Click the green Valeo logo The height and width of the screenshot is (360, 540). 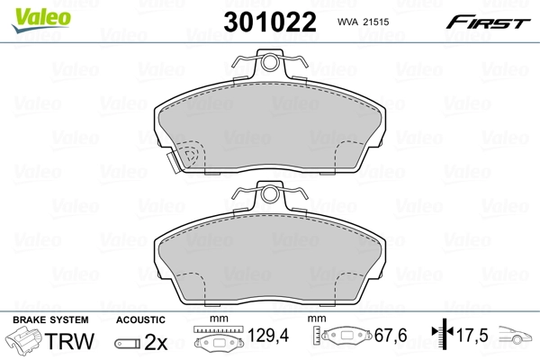pyautogui.click(x=41, y=20)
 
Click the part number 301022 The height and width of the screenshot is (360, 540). pyautogui.click(x=270, y=22)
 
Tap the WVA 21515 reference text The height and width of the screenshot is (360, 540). pyautogui.click(x=363, y=22)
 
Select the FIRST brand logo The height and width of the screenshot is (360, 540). pyautogui.click(x=488, y=22)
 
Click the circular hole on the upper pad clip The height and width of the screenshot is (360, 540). pyautogui.click(x=270, y=62)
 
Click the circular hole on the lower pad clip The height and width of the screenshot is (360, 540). pyautogui.click(x=270, y=194)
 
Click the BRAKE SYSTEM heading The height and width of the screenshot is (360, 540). pyautogui.click(x=50, y=320)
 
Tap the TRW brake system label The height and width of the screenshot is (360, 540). pyautogui.click(x=69, y=341)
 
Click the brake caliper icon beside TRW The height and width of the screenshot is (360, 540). pyautogui.click(x=22, y=340)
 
